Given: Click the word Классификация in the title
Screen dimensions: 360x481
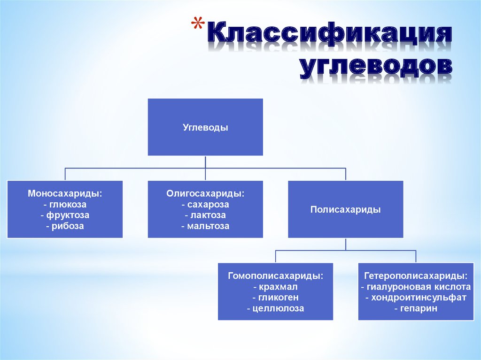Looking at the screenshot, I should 329,36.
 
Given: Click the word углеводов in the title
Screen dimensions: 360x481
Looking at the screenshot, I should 376,67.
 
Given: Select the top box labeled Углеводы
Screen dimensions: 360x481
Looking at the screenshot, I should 205,127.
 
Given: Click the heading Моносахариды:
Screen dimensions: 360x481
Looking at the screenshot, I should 65,193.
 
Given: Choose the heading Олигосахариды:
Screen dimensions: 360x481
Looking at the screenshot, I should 205,193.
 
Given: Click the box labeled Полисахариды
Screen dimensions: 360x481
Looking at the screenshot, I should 345,210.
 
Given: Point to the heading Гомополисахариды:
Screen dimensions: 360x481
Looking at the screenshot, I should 275,276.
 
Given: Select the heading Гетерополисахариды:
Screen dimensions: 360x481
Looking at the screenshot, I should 415,276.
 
